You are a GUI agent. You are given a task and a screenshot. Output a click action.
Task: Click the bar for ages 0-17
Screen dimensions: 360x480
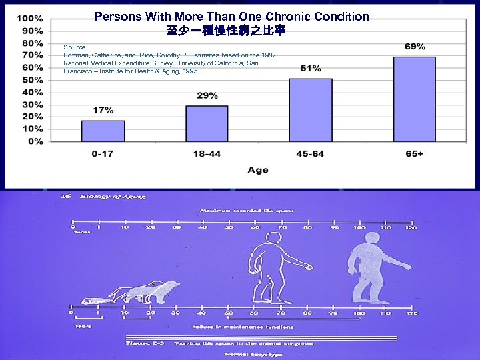(103, 131)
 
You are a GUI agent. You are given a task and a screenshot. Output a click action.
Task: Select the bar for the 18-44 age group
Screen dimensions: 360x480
(207, 123)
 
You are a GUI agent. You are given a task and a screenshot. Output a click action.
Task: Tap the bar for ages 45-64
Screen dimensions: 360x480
(310, 109)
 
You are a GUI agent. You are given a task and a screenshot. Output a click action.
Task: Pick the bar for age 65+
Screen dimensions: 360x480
(414, 99)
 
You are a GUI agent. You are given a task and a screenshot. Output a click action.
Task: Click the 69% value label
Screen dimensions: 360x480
(415, 47)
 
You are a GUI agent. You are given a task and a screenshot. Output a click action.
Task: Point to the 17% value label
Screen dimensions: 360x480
(103, 110)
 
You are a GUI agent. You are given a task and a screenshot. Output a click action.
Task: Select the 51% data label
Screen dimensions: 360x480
(310, 68)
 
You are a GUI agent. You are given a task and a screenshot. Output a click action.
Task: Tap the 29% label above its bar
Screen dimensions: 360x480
(207, 95)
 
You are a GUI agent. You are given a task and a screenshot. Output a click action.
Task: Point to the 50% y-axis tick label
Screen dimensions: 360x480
(30, 79)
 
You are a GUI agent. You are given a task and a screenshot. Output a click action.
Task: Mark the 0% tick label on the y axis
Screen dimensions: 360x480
(35, 141)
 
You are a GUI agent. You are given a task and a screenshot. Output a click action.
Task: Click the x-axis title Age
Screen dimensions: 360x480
(257, 170)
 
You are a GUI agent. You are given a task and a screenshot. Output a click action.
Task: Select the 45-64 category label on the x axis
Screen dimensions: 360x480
(310, 154)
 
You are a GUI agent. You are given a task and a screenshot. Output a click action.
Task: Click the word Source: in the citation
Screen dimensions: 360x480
(75, 47)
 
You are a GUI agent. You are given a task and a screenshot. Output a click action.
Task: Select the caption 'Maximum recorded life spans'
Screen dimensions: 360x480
(247, 211)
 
